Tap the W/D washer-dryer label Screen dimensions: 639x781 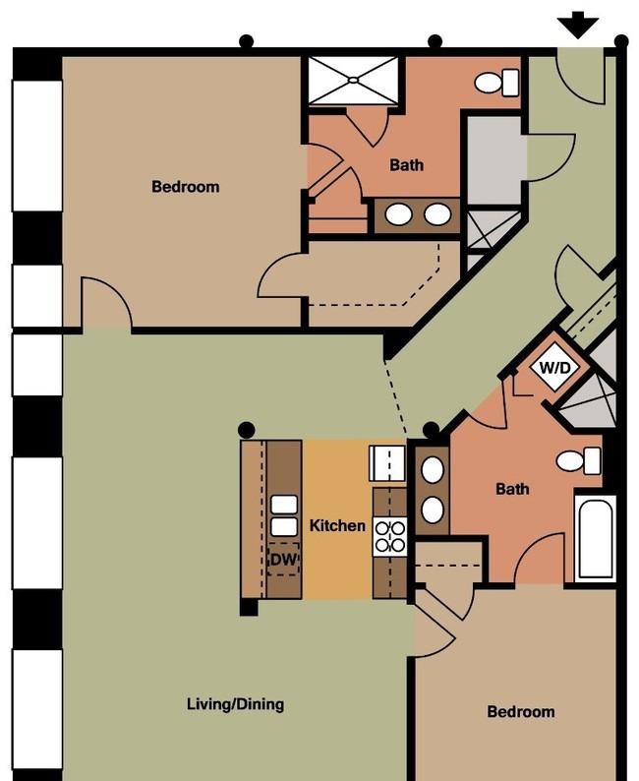[x=554, y=368]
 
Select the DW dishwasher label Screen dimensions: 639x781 [x=284, y=559]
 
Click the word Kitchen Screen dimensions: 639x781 [x=337, y=525]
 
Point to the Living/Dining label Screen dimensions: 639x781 [x=235, y=704]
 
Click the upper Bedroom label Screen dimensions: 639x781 [x=185, y=186]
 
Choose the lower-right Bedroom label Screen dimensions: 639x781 [x=521, y=711]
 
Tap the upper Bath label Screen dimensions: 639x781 [x=407, y=164]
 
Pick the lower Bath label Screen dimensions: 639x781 [x=512, y=489]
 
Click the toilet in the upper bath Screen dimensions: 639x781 [x=496, y=83]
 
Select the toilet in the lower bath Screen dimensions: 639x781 [x=578, y=460]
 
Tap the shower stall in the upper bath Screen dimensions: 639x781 [x=353, y=81]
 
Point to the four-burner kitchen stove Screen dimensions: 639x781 [x=389, y=537]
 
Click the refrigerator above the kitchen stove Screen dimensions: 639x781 [x=387, y=463]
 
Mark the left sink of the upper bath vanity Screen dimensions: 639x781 [x=399, y=214]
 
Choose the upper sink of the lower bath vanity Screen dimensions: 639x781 [x=432, y=469]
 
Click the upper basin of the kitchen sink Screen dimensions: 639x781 [x=284, y=505]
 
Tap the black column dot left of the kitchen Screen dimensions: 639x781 [x=247, y=430]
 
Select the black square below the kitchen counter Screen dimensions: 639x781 [x=249, y=607]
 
